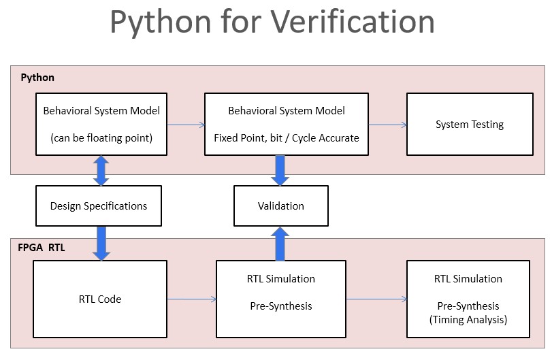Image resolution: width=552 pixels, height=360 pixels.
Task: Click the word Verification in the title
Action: [353, 22]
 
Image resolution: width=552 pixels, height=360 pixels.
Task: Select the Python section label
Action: [37, 78]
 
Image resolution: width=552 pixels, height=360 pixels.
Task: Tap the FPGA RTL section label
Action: [42, 248]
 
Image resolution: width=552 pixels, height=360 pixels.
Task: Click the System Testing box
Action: [470, 125]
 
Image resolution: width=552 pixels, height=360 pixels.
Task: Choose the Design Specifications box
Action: [99, 206]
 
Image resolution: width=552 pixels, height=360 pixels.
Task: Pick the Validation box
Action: [280, 206]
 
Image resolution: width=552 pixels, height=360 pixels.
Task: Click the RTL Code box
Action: [99, 299]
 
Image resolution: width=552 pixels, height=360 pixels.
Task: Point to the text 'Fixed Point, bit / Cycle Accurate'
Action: [287, 137]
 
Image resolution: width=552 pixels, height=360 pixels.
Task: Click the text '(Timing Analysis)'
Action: [470, 319]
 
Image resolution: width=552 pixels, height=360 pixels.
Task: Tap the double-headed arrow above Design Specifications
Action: [101, 170]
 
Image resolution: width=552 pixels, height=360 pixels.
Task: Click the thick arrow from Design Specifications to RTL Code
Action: [101, 243]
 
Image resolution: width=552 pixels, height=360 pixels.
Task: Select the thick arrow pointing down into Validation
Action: [280, 170]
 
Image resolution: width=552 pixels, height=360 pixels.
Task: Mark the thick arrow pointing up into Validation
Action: [280, 244]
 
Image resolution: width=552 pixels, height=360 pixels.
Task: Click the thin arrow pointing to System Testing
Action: [388, 125]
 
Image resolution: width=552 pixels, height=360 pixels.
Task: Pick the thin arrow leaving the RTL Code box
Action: [191, 299]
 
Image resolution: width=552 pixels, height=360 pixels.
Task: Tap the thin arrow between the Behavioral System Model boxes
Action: [185, 125]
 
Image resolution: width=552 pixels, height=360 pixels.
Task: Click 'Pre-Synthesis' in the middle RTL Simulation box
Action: [280, 306]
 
